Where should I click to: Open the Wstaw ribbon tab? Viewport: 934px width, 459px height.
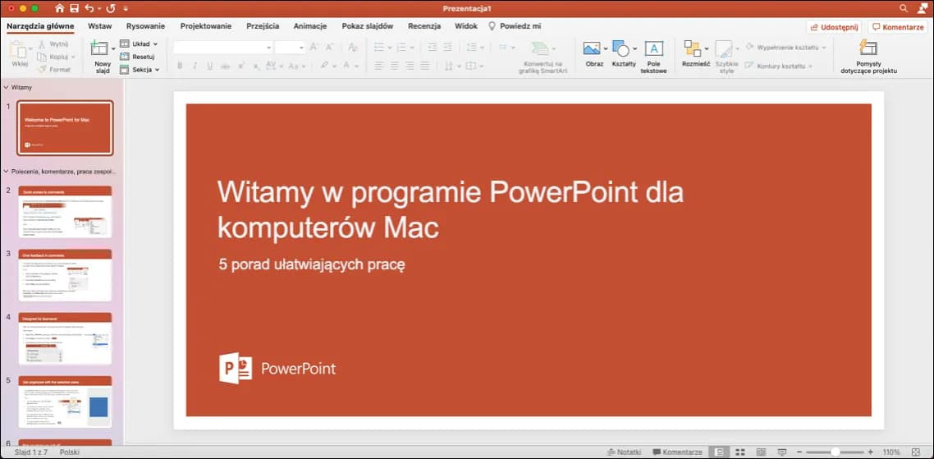coord(99,26)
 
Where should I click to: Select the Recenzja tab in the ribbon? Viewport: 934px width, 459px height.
coord(424,26)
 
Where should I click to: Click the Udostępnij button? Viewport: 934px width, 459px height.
coord(834,27)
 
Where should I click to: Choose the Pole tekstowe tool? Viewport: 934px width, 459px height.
coord(653,56)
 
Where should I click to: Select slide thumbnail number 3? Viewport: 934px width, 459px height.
coord(65,275)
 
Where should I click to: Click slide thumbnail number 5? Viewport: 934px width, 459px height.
coord(65,402)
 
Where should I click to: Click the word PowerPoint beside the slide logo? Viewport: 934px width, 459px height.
coord(298,369)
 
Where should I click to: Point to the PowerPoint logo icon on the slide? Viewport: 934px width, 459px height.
coord(236,369)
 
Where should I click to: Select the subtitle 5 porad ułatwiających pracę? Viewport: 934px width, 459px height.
coord(312,264)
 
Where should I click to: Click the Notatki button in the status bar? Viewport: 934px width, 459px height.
coord(623,452)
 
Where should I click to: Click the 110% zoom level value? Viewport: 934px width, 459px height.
coord(891,452)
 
